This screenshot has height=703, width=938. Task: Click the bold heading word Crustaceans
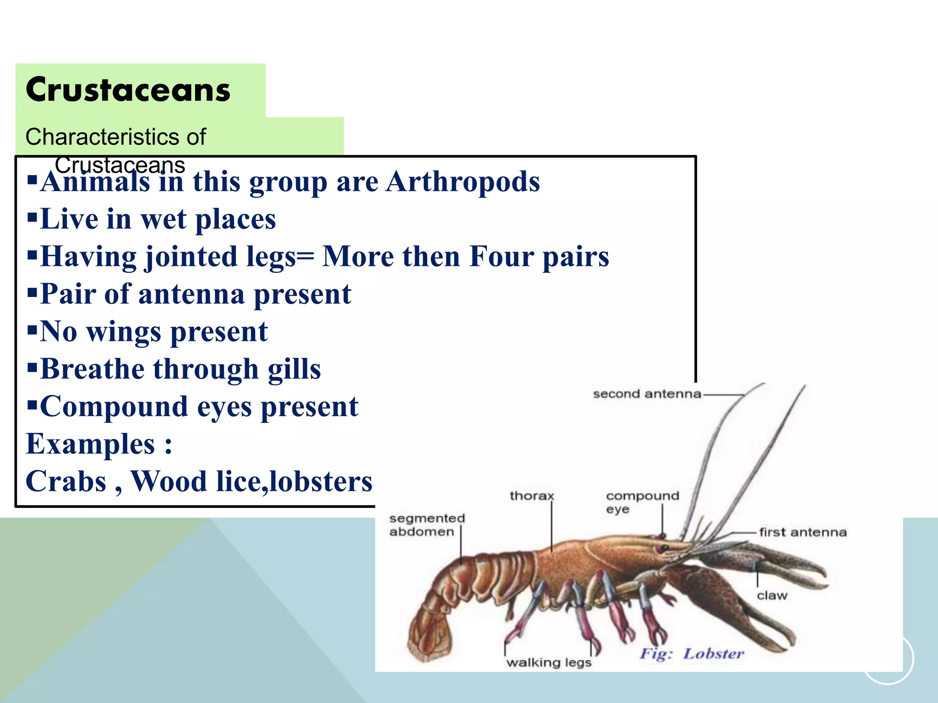click(128, 90)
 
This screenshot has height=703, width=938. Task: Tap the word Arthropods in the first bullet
click(463, 182)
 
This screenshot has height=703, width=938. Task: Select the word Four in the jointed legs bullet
click(502, 256)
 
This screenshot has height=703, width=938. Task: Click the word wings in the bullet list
click(124, 331)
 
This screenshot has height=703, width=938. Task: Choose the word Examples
click(91, 444)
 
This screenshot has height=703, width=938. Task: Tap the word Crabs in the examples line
click(66, 481)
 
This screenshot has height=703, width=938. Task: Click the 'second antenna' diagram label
click(647, 394)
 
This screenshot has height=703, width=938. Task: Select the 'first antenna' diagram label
click(802, 532)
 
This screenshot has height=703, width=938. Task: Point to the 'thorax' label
click(532, 496)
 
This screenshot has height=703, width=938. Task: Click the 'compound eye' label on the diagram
click(642, 502)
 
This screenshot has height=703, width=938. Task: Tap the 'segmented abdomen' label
click(427, 525)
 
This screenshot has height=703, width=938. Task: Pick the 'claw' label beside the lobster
click(772, 595)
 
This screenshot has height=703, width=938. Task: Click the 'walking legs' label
click(549, 662)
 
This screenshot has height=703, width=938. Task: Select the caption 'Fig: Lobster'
click(692, 654)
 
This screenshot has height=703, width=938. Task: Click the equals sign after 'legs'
click(305, 257)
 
